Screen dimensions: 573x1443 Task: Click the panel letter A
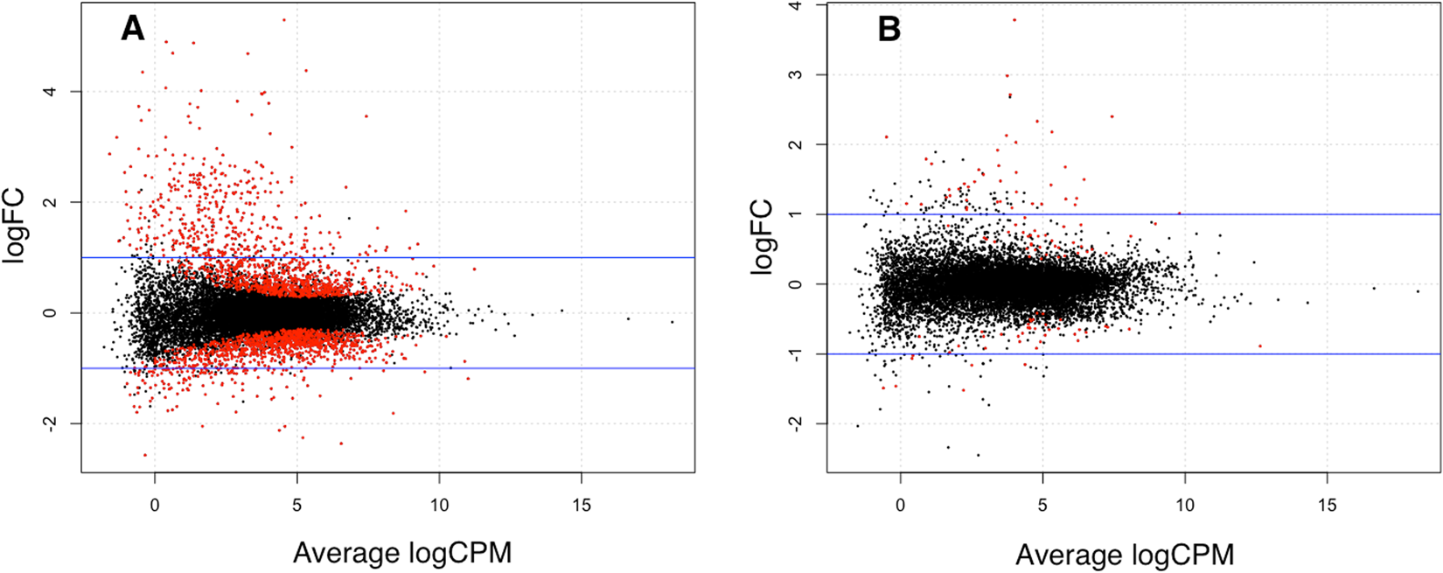tap(132, 29)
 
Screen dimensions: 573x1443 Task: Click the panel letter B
tap(889, 30)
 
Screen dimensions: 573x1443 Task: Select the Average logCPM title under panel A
tap(401, 553)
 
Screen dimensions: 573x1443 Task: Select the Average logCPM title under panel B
tap(1124, 555)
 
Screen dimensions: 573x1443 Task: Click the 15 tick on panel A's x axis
tap(582, 505)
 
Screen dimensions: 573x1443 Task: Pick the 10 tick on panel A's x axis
tap(439, 505)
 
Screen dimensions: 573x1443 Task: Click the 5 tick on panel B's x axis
tap(1042, 505)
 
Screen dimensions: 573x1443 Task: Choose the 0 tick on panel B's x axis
tap(901, 505)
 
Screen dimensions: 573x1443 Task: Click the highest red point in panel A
tap(284, 19)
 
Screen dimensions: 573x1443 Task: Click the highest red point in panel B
tap(1014, 19)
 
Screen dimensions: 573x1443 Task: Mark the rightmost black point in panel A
tap(673, 322)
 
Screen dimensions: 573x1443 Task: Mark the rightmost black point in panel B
tap(1418, 290)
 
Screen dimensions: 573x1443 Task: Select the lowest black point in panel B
tap(978, 455)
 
